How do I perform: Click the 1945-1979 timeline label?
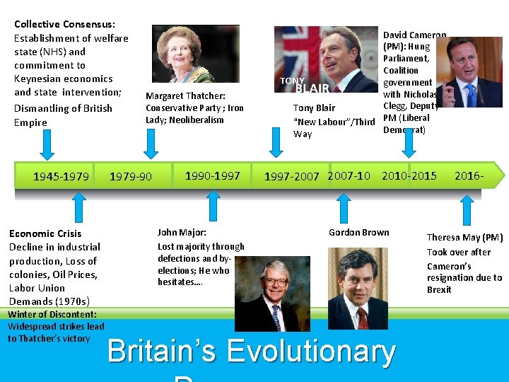tap(61, 176)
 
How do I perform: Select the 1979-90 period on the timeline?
tap(130, 176)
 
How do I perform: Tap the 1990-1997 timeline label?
tap(212, 175)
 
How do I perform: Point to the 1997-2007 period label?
tap(292, 176)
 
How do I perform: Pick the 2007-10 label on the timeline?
tap(349, 175)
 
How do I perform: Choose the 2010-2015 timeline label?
tap(409, 175)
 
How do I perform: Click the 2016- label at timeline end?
tap(469, 175)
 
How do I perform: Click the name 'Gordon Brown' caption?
tap(359, 232)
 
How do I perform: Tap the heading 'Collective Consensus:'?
tap(65, 24)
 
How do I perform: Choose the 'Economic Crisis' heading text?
tap(45, 233)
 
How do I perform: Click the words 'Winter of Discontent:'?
tap(52, 315)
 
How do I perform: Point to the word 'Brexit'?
tap(439, 289)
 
